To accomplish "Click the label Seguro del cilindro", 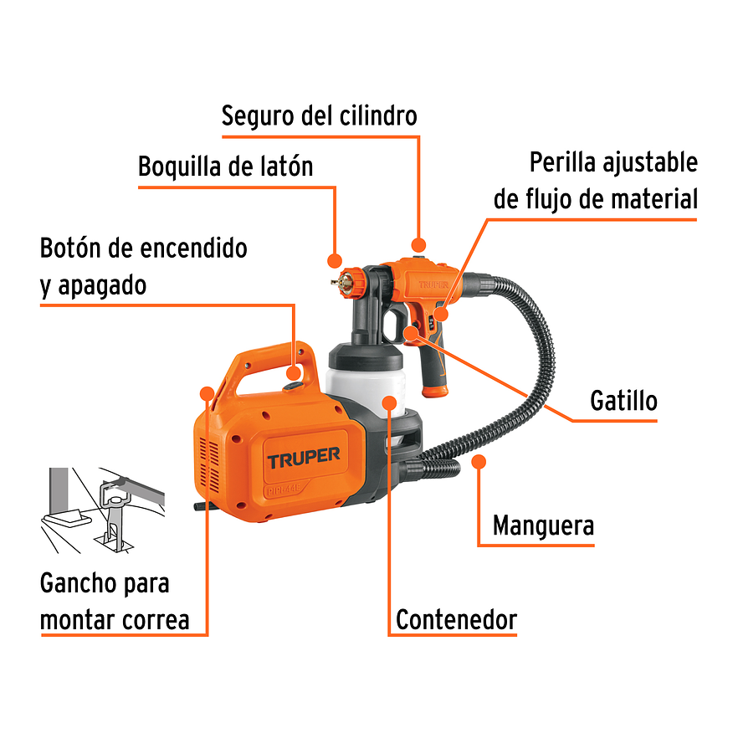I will [319, 115].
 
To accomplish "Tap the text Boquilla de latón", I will [225, 167].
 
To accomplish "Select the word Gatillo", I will [623, 401].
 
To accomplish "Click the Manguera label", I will [543, 526].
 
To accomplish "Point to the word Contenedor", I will [456, 620].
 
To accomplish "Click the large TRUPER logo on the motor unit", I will [303, 457].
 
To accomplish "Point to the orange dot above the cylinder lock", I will [418, 244].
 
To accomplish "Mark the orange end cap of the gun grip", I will [437, 390].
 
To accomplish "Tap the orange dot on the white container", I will [390, 402].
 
